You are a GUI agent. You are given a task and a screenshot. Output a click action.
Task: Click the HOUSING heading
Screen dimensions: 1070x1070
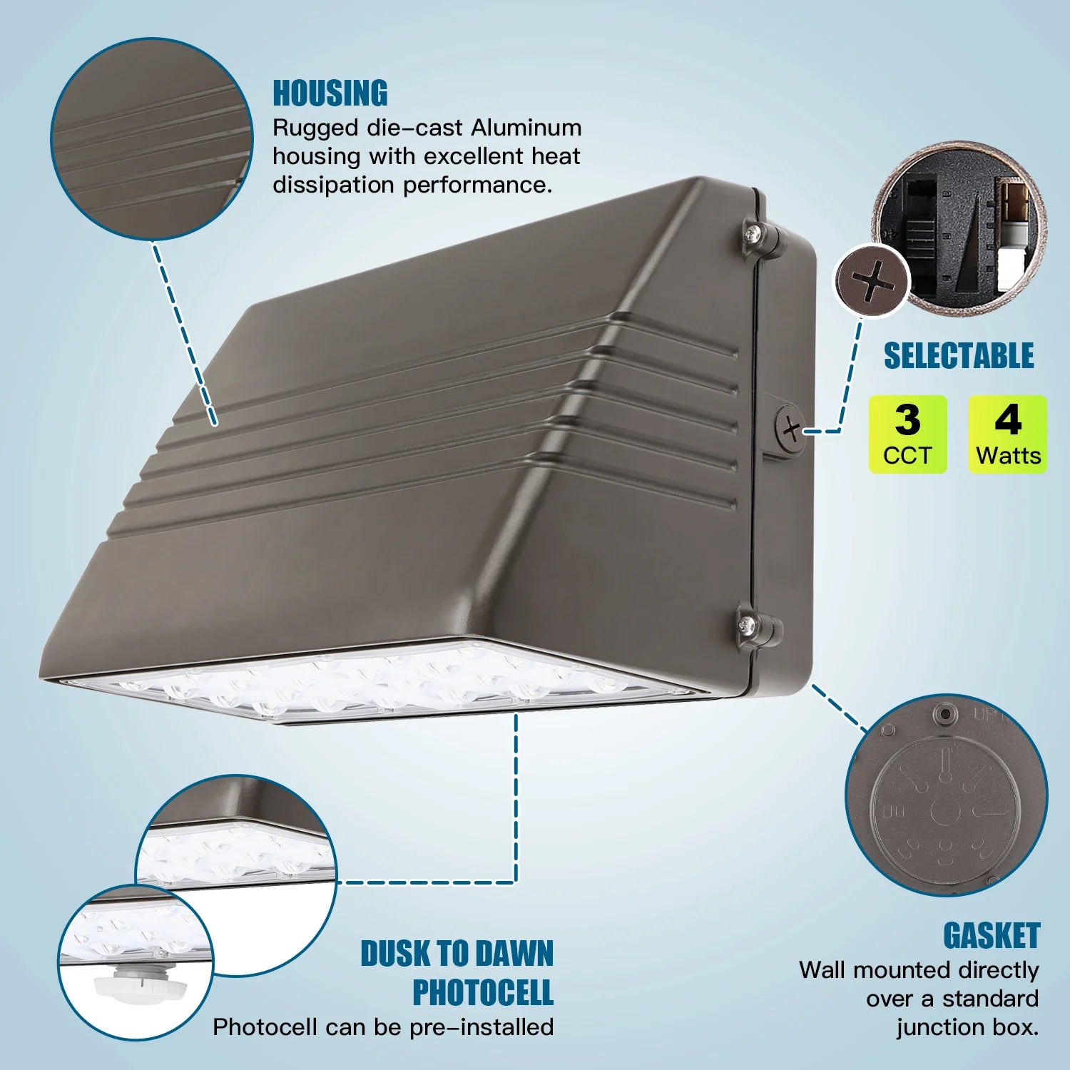point(330,94)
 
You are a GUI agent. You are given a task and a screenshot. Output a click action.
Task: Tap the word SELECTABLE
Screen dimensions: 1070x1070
point(959,356)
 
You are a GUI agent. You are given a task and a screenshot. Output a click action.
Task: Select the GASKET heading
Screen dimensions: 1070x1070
point(992,936)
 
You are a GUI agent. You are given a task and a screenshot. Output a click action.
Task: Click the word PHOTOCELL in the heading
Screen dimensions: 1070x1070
point(483,992)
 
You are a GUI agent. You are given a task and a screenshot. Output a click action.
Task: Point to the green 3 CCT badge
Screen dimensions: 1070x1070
point(907,434)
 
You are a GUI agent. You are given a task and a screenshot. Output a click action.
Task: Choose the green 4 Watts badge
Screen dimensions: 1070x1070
point(1007,434)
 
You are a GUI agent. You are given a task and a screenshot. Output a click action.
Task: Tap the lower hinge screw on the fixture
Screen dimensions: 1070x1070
point(748,625)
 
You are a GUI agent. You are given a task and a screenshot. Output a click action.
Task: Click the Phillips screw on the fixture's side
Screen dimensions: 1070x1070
point(790,429)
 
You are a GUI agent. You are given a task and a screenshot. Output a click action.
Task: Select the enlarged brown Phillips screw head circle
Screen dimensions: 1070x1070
point(872,282)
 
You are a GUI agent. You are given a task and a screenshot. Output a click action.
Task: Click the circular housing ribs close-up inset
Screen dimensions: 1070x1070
point(152,139)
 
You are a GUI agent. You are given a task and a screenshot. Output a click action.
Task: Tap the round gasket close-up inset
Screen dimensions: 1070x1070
point(946,795)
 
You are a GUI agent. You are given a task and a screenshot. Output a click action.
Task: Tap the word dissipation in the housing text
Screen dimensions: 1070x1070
point(333,185)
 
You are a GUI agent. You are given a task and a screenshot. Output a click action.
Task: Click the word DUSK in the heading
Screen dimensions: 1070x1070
point(395,954)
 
